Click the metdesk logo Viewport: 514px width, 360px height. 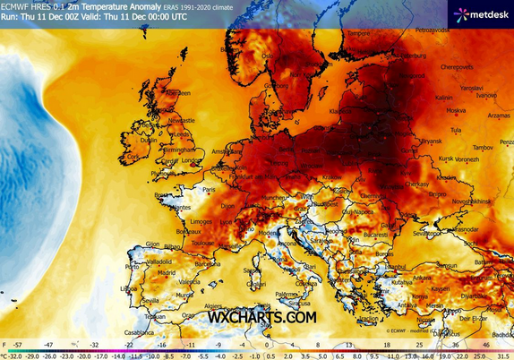click(483, 14)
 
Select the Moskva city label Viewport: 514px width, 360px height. click(457, 111)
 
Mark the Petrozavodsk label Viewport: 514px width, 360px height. click(433, 30)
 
